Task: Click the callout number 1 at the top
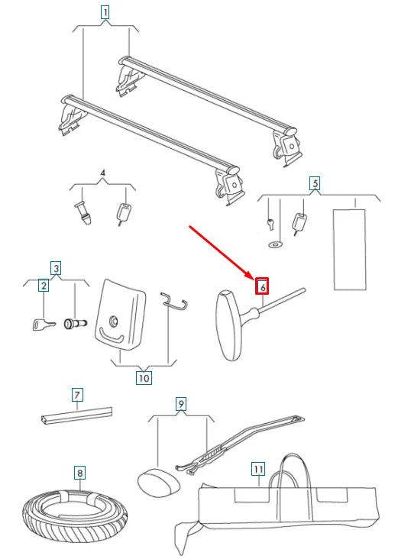[x=105, y=13]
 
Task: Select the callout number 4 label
[x=102, y=173]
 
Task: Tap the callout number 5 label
[x=315, y=183]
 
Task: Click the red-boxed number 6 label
[x=262, y=286]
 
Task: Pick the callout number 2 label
[x=44, y=285]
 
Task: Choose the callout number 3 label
[x=56, y=268]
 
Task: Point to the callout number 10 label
[x=144, y=377]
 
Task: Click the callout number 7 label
[x=77, y=395]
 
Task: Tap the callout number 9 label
[x=181, y=404]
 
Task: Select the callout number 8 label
[x=80, y=473]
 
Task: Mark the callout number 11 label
[x=258, y=469]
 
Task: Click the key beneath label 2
[x=44, y=325]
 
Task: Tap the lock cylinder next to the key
[x=75, y=323]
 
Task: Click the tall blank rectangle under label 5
[x=350, y=249]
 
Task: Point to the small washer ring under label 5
[x=275, y=244]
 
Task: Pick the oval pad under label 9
[x=159, y=481]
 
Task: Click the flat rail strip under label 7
[x=76, y=415]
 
